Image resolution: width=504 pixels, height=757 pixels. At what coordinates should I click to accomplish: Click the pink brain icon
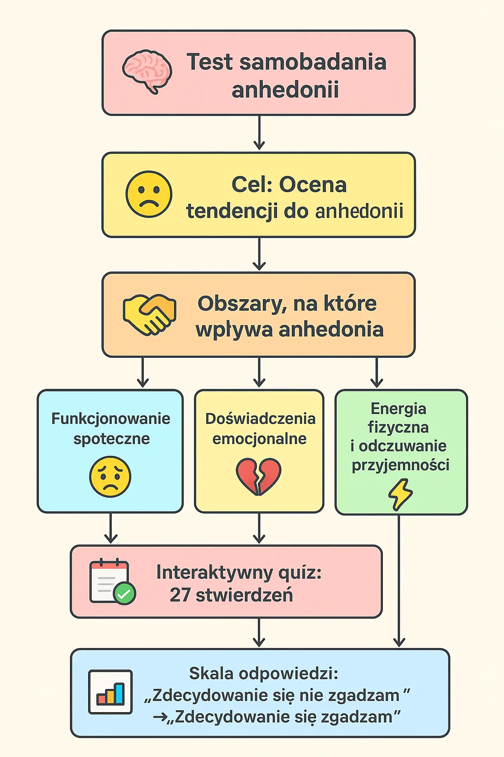tap(147, 71)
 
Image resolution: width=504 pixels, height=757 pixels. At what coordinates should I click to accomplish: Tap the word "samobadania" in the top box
tap(313, 63)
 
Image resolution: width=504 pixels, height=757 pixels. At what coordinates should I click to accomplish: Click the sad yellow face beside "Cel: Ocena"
tap(149, 194)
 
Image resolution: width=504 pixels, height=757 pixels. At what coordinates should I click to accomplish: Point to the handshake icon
tap(149, 314)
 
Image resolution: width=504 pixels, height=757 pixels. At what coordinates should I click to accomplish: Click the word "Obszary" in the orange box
tap(240, 304)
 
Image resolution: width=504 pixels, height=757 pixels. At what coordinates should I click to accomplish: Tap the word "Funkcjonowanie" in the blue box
tap(111, 418)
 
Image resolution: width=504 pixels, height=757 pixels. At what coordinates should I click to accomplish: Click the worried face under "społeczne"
tap(110, 477)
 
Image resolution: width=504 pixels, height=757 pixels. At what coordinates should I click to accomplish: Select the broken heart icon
tap(258, 476)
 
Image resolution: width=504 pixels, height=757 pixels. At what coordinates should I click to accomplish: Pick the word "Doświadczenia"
tap(260, 418)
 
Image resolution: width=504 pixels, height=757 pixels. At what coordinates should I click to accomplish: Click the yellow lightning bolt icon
tap(400, 494)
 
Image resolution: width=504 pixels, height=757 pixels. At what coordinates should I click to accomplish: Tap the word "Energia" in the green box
tap(398, 409)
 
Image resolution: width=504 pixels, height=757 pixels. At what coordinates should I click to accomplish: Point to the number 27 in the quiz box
tap(180, 595)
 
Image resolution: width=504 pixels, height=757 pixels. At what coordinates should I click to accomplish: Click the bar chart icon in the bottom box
tap(110, 692)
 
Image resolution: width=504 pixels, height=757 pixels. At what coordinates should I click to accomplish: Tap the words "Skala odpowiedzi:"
tap(263, 673)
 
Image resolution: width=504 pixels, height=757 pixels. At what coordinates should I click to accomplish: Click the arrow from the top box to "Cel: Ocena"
tap(259, 133)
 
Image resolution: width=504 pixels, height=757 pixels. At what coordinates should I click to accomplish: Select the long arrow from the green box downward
tap(399, 582)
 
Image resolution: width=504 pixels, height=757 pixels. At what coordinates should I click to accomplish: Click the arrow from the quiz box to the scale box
tap(259, 633)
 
